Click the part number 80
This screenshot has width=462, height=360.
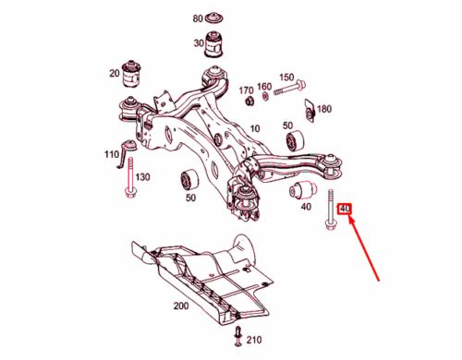pyautogui.click(x=198, y=18)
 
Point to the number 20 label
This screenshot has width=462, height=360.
pyautogui.click(x=114, y=73)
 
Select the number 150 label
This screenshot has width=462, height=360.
pyautogui.click(x=286, y=77)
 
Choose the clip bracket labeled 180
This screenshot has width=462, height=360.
pyautogui.click(x=309, y=107)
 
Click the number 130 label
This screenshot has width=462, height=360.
pyautogui.click(x=143, y=176)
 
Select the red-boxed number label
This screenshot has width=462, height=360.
pyautogui.click(x=346, y=210)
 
